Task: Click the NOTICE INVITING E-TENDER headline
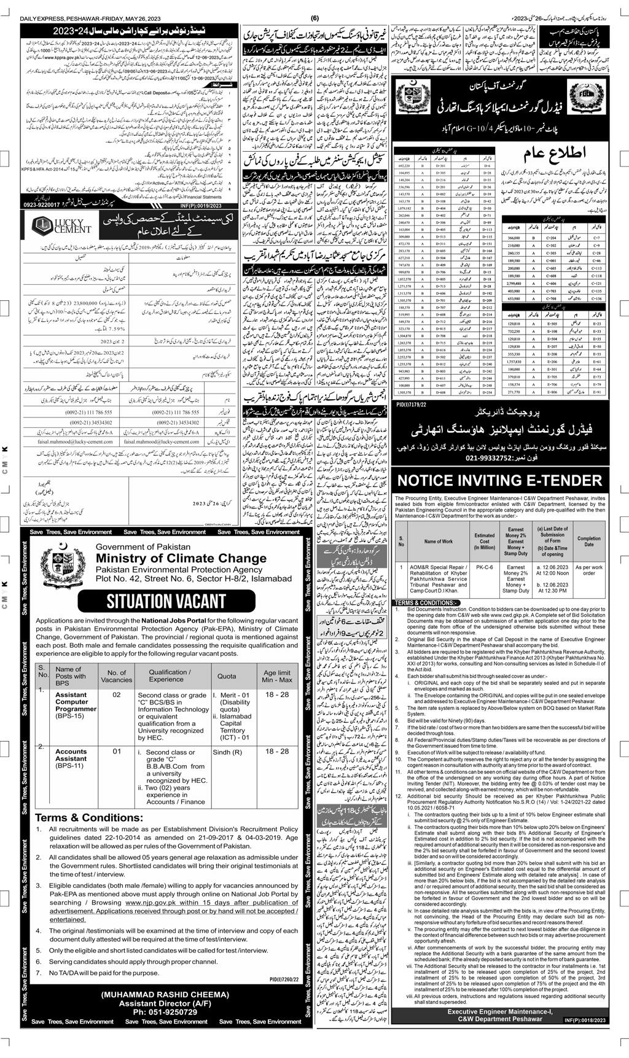[500, 481]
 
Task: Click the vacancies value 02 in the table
[116, 694]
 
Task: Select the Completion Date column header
[588, 541]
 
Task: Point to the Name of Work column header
[438, 542]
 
